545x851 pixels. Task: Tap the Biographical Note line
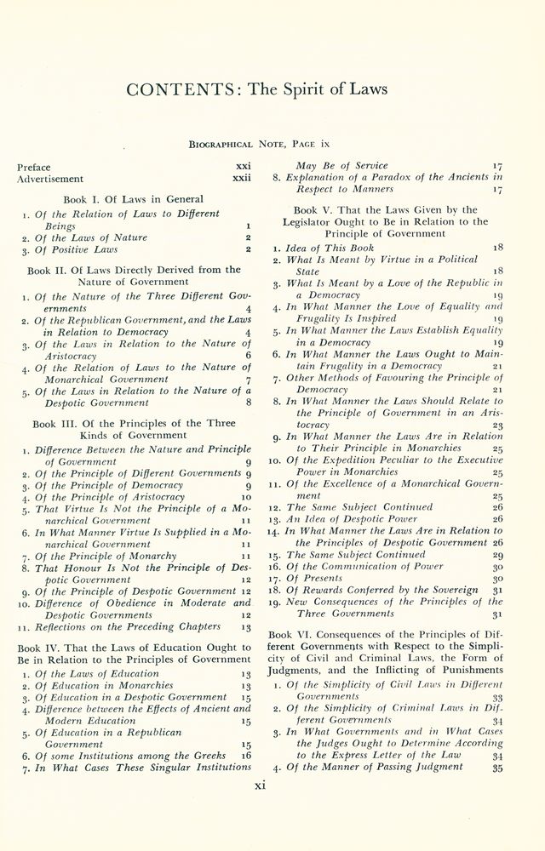click(272, 146)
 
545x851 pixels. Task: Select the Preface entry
click(34, 167)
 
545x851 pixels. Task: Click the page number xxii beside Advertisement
click(242, 179)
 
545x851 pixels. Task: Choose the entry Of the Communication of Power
click(367, 565)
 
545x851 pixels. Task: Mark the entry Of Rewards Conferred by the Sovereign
click(380, 589)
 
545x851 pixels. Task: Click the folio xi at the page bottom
click(261, 785)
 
